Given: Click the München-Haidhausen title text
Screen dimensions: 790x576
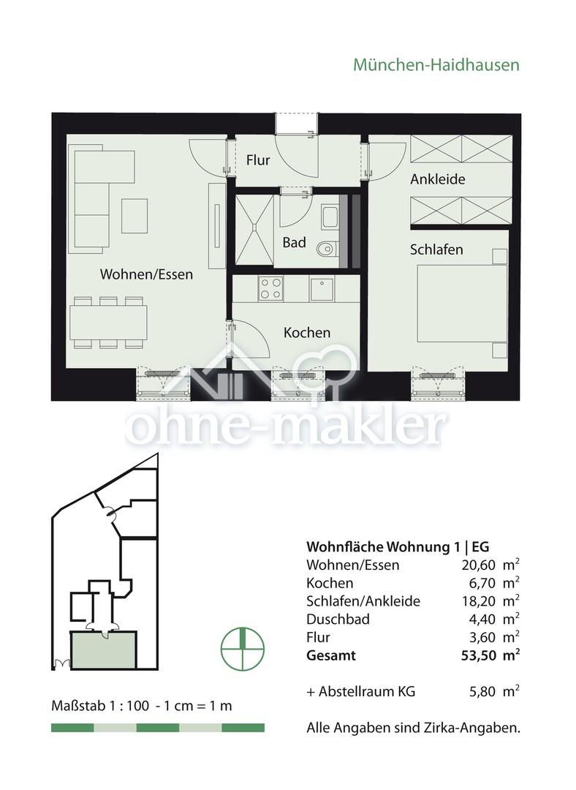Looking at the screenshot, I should tap(436, 64).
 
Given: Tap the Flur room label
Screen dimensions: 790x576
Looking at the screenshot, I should tap(258, 159).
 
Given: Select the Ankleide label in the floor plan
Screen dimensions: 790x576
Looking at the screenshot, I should tap(437, 179).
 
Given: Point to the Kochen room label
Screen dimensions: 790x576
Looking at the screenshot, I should tap(307, 333).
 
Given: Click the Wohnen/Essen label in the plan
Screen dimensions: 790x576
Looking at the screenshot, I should tap(146, 275).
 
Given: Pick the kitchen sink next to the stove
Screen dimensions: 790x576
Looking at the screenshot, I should tap(322, 290).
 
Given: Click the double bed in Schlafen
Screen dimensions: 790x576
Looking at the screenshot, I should tap(461, 303).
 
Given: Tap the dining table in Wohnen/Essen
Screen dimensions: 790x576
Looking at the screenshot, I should tap(108, 322).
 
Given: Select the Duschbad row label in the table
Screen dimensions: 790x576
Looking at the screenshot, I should tap(338, 619).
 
